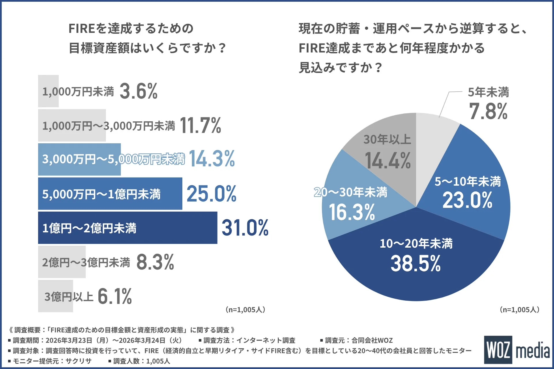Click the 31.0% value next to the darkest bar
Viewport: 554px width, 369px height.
[x=245, y=228]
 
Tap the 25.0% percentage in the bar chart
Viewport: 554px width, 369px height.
[x=211, y=194]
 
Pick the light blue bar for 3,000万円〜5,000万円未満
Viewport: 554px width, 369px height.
[x=79, y=159]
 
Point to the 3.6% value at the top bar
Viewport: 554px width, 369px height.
[x=138, y=91]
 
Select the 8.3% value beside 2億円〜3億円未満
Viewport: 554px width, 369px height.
[x=155, y=262]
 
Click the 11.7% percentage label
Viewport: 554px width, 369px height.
[x=201, y=125]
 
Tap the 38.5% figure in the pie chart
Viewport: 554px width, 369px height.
[x=415, y=263]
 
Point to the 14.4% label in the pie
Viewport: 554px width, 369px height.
[x=388, y=161]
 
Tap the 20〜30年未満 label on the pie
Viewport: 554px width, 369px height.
[x=351, y=192]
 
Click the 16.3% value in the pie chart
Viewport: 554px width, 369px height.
[x=352, y=212]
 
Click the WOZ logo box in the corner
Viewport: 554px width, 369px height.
[x=498, y=350]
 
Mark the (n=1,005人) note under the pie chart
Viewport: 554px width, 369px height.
[x=519, y=310]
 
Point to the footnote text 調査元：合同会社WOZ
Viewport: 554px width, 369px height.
[x=359, y=340]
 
